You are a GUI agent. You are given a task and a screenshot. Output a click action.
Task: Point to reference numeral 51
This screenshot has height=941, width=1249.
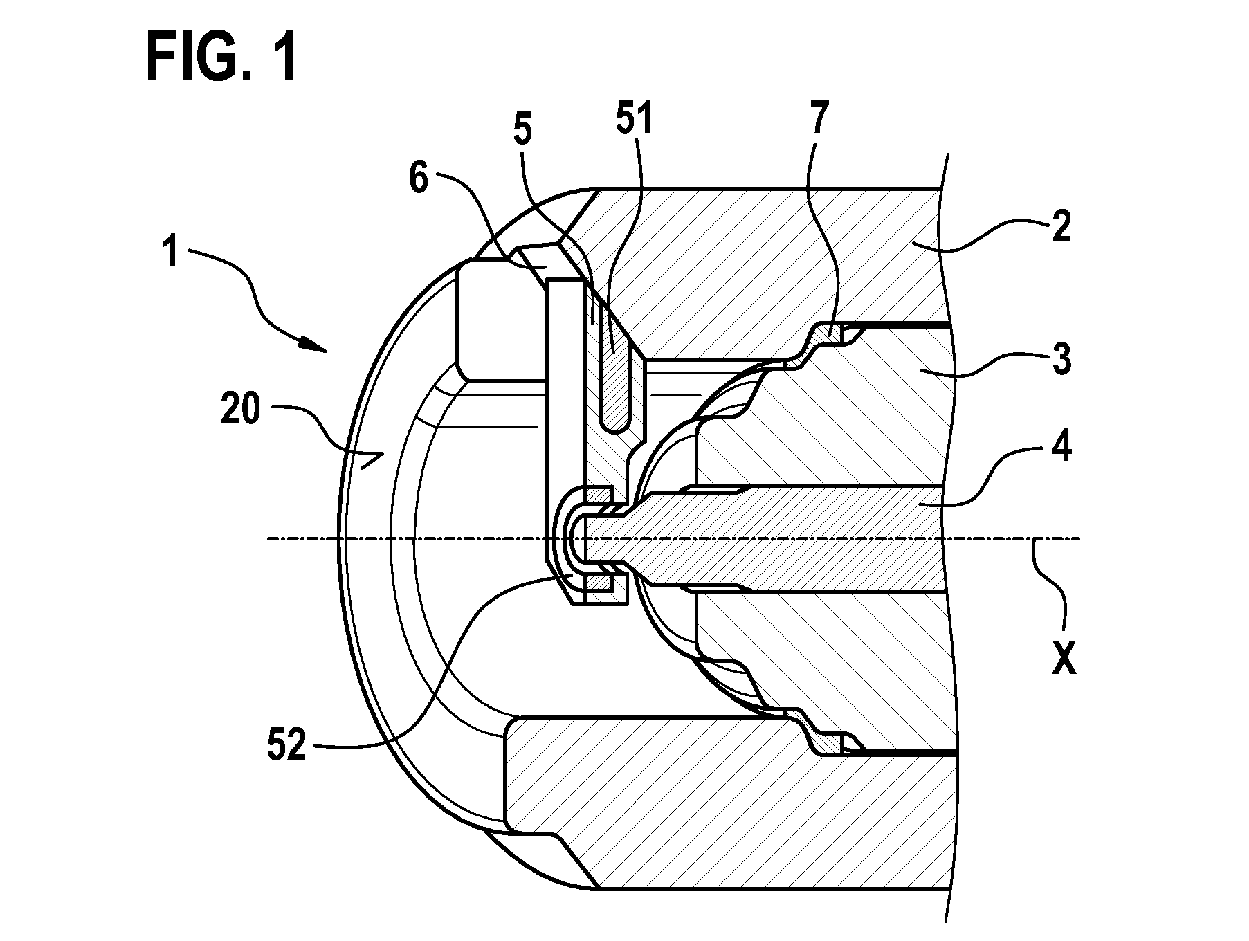tap(632, 118)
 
